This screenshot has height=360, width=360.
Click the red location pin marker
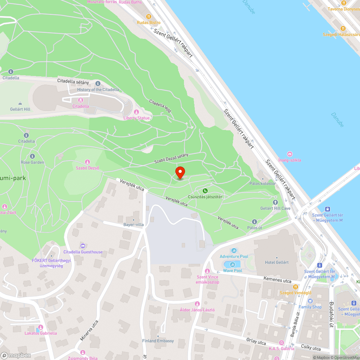pyautogui.click(x=180, y=172)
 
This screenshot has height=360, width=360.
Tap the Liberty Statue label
pyautogui.click(x=136, y=118)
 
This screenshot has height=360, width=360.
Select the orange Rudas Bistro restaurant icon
pyautogui.click(x=148, y=17)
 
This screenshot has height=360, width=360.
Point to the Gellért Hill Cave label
pyautogui.click(x=275, y=208)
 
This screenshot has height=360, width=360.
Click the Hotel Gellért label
pyautogui.click(x=276, y=262)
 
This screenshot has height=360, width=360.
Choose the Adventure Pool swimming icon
pyautogui.click(x=234, y=251)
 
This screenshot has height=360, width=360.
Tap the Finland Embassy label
pyautogui.click(x=158, y=341)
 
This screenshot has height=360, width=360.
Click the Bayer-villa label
pyautogui.click(x=134, y=224)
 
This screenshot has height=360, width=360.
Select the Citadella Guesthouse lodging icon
pyautogui.click(x=83, y=246)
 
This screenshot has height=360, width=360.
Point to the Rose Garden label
pyautogui.click(x=32, y=162)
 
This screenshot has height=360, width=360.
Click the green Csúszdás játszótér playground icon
pyautogui.click(x=205, y=190)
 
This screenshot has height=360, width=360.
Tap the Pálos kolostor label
pyautogui.click(x=262, y=183)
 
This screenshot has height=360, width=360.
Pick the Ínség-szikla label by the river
pyautogui.click(x=290, y=160)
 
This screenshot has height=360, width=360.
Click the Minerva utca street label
pyautogui.click(x=89, y=330)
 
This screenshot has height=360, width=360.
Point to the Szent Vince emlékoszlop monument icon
pyautogui.click(x=207, y=271)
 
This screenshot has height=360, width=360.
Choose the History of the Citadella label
pyautogui.click(x=98, y=89)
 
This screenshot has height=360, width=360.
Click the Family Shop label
pyautogui.click(x=310, y=307)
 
